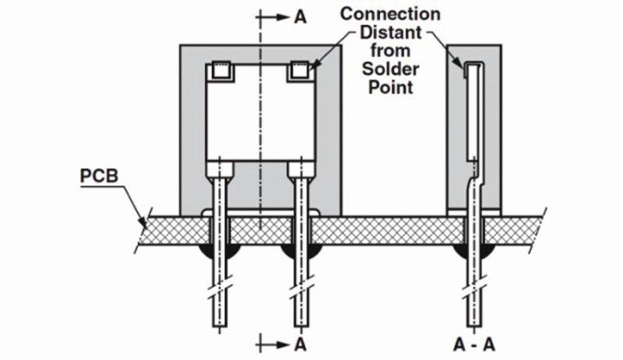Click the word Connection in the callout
click(379, 14)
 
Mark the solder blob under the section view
click(472, 253)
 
